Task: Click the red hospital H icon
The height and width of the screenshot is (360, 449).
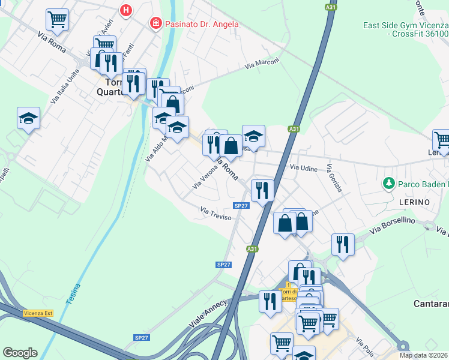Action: (126, 10)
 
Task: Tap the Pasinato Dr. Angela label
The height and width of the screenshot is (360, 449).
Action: (195, 24)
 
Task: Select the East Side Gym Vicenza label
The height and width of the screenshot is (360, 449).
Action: (405, 26)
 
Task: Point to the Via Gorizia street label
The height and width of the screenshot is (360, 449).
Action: (335, 178)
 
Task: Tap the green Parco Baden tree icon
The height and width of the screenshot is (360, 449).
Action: (388, 182)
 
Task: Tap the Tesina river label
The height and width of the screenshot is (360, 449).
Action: (73, 294)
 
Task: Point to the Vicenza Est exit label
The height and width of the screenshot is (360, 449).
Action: (38, 313)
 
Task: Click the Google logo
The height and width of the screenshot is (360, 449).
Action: (20, 353)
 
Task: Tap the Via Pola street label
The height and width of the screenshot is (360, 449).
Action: (363, 345)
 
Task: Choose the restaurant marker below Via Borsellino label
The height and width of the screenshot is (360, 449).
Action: (343, 244)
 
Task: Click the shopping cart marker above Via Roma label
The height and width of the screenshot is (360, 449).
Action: (58, 19)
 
